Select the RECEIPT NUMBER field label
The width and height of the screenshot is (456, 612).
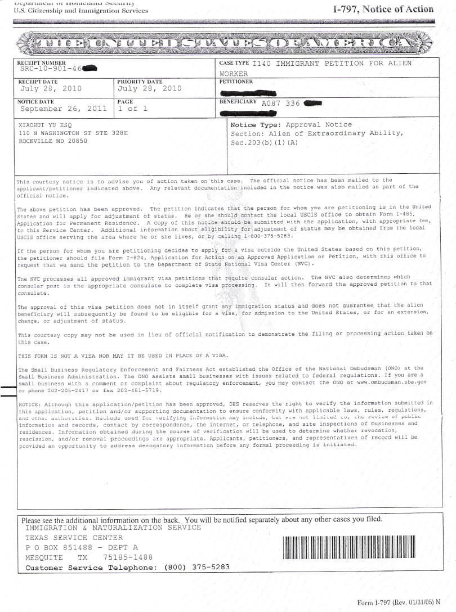click(x=41, y=62)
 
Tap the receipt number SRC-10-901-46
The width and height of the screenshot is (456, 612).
click(x=51, y=69)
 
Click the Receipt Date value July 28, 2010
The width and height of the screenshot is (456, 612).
click(x=51, y=89)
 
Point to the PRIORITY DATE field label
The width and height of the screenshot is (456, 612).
click(x=140, y=82)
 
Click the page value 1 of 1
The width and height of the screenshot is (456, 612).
click(x=132, y=109)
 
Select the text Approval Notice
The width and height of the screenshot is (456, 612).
click(x=319, y=125)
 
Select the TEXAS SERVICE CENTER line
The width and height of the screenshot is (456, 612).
click(x=74, y=538)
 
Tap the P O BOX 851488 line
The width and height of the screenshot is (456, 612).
click(x=82, y=547)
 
